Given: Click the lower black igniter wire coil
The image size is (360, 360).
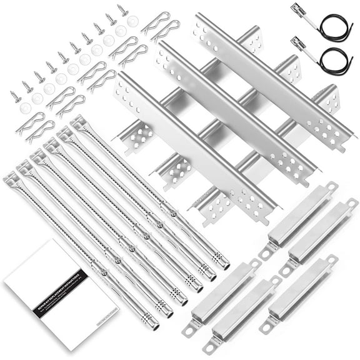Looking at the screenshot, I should point(334,60).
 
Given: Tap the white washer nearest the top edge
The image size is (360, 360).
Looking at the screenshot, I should point(132,20).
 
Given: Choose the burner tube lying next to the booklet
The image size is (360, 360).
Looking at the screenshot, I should point(81,250).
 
